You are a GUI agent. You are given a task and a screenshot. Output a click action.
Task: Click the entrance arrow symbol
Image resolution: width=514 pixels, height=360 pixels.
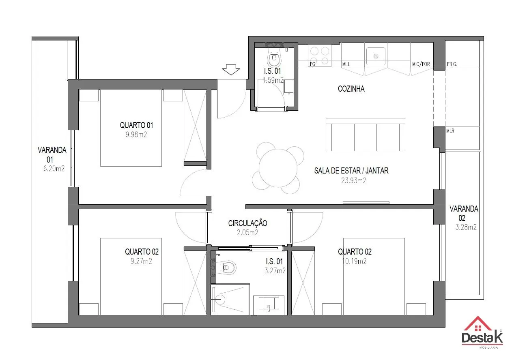click(x=231, y=69)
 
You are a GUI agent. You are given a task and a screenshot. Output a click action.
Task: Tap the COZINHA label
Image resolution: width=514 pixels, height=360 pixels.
click(x=351, y=89)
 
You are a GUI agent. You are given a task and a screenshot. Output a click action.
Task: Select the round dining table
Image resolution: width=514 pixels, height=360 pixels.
click(x=278, y=168)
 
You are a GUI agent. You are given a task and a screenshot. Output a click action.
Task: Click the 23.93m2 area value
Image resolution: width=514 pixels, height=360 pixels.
click(x=353, y=181)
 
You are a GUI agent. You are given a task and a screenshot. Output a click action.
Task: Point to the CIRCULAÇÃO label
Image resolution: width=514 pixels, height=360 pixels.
click(x=247, y=223)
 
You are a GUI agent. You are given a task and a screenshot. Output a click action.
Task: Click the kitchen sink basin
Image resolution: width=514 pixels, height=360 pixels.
click(x=376, y=56)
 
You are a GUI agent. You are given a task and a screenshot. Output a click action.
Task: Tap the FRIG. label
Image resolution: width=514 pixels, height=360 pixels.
click(x=452, y=64)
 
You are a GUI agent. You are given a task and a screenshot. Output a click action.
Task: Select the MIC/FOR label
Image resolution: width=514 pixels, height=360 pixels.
click(x=421, y=64)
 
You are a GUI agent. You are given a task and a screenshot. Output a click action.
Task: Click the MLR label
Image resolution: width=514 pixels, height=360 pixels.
click(x=450, y=131)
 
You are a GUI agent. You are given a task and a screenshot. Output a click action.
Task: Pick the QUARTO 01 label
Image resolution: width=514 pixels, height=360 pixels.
click(x=136, y=125)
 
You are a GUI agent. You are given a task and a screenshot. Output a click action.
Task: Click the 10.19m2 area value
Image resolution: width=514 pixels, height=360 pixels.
click(x=354, y=261)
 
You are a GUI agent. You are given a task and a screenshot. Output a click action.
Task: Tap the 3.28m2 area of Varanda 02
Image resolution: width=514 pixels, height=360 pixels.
click(x=466, y=227)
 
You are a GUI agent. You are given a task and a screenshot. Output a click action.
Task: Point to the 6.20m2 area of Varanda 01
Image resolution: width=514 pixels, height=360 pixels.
click(x=54, y=169)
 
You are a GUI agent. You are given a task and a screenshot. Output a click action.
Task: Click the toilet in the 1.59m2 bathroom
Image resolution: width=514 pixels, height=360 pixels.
click(x=274, y=58)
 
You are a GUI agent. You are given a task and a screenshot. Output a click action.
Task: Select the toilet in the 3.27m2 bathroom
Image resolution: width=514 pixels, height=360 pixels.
click(x=226, y=267)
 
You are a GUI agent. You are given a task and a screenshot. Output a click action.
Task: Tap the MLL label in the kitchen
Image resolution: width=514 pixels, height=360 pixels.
click(x=346, y=64)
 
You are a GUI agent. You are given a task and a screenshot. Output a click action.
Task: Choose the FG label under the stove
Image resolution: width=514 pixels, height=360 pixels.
click(x=312, y=64)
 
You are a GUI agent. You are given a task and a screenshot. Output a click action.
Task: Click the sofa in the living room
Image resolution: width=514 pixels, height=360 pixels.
click(x=365, y=135)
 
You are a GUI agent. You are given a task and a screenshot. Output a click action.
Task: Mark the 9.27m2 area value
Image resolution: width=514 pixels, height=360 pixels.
click(x=141, y=261)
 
